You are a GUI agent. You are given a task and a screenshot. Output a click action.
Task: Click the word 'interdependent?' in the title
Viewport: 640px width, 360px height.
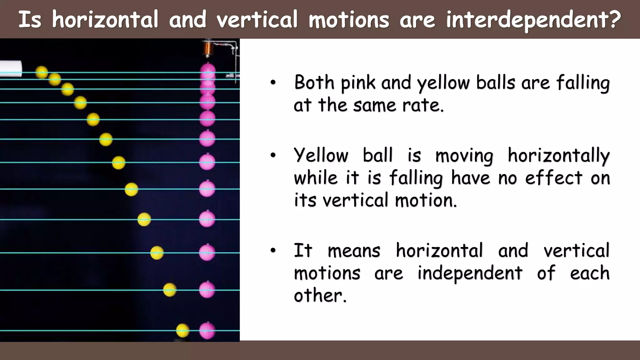click(x=533, y=19)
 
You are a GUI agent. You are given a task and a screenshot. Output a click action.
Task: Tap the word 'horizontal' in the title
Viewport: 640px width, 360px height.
click(x=105, y=19)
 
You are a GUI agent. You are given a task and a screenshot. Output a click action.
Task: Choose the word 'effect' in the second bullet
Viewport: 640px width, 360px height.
click(x=554, y=178)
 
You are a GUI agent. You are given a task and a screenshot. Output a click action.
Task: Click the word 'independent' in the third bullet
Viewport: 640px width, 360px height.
click(x=470, y=273)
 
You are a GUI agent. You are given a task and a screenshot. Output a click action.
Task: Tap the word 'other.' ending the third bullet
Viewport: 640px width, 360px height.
click(x=320, y=295)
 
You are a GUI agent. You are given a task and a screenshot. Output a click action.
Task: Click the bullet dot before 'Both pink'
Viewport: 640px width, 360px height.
click(x=273, y=83)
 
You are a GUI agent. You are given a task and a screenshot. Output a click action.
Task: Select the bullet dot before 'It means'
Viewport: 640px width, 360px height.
click(x=273, y=250)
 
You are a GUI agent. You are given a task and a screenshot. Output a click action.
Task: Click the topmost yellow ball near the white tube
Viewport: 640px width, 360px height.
click(x=42, y=72)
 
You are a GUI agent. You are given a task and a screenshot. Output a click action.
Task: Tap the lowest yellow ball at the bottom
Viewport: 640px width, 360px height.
click(x=182, y=331)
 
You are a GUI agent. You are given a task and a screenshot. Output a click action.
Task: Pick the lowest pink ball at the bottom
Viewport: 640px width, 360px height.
click(x=207, y=331)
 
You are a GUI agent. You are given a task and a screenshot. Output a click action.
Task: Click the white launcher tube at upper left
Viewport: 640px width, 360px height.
click(x=11, y=69)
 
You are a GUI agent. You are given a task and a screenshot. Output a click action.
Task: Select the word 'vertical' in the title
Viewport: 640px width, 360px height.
click(x=257, y=19)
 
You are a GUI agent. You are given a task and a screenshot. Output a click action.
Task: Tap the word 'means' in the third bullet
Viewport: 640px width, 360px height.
click(x=354, y=251)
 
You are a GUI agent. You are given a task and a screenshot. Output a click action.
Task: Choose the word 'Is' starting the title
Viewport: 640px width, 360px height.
click(x=30, y=19)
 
